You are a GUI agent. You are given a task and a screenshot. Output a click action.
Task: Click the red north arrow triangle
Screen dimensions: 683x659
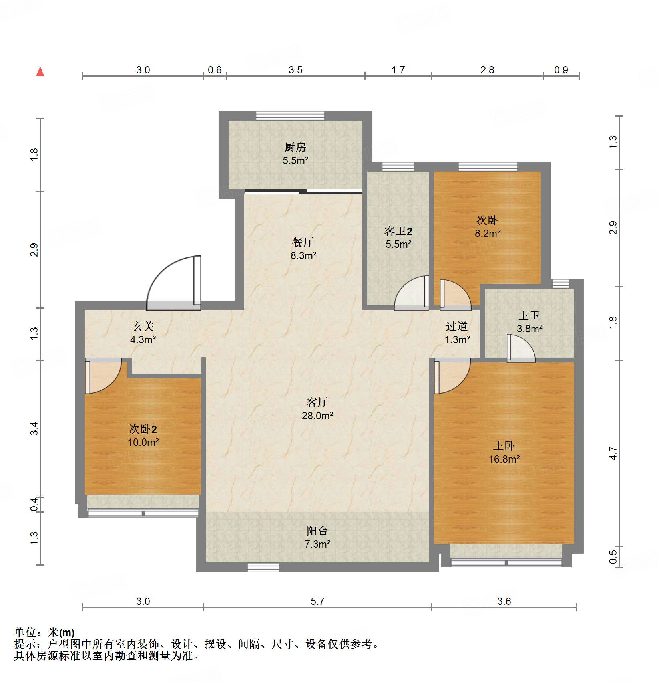(x=40, y=72)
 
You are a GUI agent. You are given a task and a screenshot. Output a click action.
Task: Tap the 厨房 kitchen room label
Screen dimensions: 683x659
(x=295, y=148)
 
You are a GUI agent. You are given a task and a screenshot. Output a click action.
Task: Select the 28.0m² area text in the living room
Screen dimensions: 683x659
(x=317, y=416)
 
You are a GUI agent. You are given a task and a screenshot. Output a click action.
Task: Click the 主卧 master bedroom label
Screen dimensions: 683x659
(x=504, y=446)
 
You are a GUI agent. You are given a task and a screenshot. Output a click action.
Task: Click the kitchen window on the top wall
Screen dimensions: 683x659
(x=290, y=116)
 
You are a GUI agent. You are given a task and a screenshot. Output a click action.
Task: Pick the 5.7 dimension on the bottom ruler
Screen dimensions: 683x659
(x=317, y=601)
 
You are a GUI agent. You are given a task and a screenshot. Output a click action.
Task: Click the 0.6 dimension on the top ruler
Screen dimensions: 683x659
(x=215, y=70)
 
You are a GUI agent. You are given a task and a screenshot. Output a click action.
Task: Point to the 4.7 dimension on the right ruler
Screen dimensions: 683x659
(x=613, y=453)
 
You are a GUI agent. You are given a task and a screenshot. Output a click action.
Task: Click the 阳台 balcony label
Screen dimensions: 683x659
(x=317, y=531)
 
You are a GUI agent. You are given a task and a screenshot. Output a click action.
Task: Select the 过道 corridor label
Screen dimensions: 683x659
(x=457, y=327)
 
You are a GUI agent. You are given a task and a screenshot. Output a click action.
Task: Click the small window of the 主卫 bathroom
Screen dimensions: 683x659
(x=561, y=283)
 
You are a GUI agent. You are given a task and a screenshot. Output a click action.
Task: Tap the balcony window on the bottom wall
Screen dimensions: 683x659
(x=263, y=567)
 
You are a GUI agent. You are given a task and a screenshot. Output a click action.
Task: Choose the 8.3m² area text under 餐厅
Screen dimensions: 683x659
(x=303, y=255)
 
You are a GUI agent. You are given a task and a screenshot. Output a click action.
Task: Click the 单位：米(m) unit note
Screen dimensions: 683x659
(x=44, y=632)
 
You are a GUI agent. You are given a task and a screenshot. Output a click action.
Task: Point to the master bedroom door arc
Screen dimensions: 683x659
(x=452, y=377)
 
